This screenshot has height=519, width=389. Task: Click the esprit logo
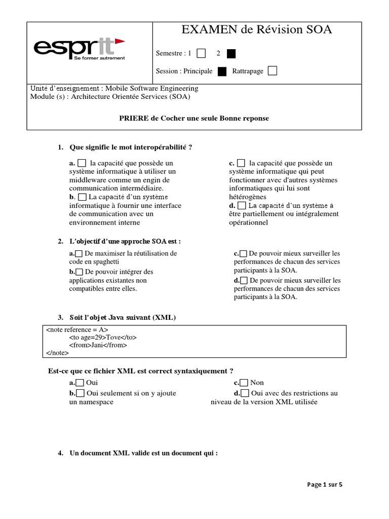(79, 49)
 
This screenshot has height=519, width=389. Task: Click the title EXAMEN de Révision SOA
(257, 30)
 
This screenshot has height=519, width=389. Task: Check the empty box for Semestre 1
(201, 53)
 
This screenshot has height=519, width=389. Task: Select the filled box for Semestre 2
(231, 53)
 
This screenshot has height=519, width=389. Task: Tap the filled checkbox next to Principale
(222, 71)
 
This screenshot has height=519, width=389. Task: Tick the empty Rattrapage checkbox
(272, 71)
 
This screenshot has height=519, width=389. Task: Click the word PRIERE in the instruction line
(134, 118)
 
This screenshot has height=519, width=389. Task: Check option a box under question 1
(82, 163)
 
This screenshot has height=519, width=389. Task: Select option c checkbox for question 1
(241, 163)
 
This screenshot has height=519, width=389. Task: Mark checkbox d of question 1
(242, 205)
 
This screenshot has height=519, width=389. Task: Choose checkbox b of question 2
(79, 272)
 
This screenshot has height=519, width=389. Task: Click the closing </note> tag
(57, 353)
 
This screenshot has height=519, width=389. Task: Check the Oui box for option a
(80, 383)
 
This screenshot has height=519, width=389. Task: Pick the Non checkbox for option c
(244, 383)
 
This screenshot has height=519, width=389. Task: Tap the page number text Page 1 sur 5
(325, 485)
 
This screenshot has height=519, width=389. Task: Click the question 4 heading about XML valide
(143, 453)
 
